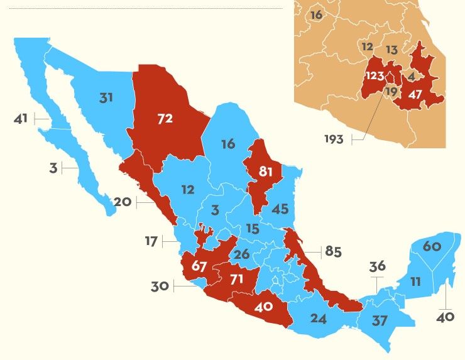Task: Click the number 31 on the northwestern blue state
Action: pyautogui.click(x=106, y=97)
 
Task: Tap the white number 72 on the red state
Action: pyautogui.click(x=165, y=118)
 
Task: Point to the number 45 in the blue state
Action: pyautogui.click(x=279, y=209)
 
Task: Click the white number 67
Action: pyautogui.click(x=199, y=266)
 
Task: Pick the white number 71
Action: pyautogui.click(x=236, y=278)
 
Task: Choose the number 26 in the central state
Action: pyautogui.click(x=242, y=254)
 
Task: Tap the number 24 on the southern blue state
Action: pyautogui.click(x=319, y=319)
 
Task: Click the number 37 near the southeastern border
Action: pyautogui.click(x=379, y=320)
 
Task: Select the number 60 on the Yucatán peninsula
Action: pyautogui.click(x=432, y=246)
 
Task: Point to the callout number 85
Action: pyautogui.click(x=332, y=252)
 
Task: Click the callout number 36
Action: pyautogui.click(x=377, y=266)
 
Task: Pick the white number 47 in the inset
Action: pyautogui.click(x=415, y=95)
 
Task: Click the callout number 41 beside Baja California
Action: pyautogui.click(x=21, y=117)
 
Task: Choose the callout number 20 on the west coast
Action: pyautogui.click(x=123, y=202)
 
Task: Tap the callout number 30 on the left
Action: pyautogui.click(x=160, y=286)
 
